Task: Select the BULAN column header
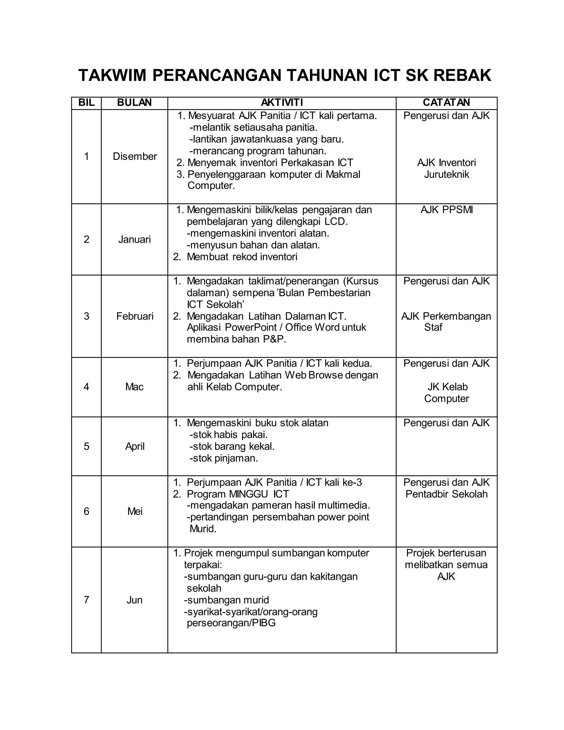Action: click(x=134, y=102)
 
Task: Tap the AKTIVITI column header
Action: click(x=282, y=102)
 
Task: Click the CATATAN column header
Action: click(x=446, y=102)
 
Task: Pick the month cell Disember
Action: click(x=135, y=156)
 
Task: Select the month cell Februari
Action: click(x=135, y=316)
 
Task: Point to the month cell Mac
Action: click(x=134, y=387)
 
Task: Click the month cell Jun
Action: click(x=134, y=600)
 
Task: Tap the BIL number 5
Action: click(x=86, y=447)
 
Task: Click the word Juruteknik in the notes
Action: click(x=446, y=174)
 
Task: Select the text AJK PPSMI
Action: click(x=446, y=210)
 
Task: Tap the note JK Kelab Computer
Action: click(x=447, y=393)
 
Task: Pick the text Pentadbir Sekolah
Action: click(x=446, y=494)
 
